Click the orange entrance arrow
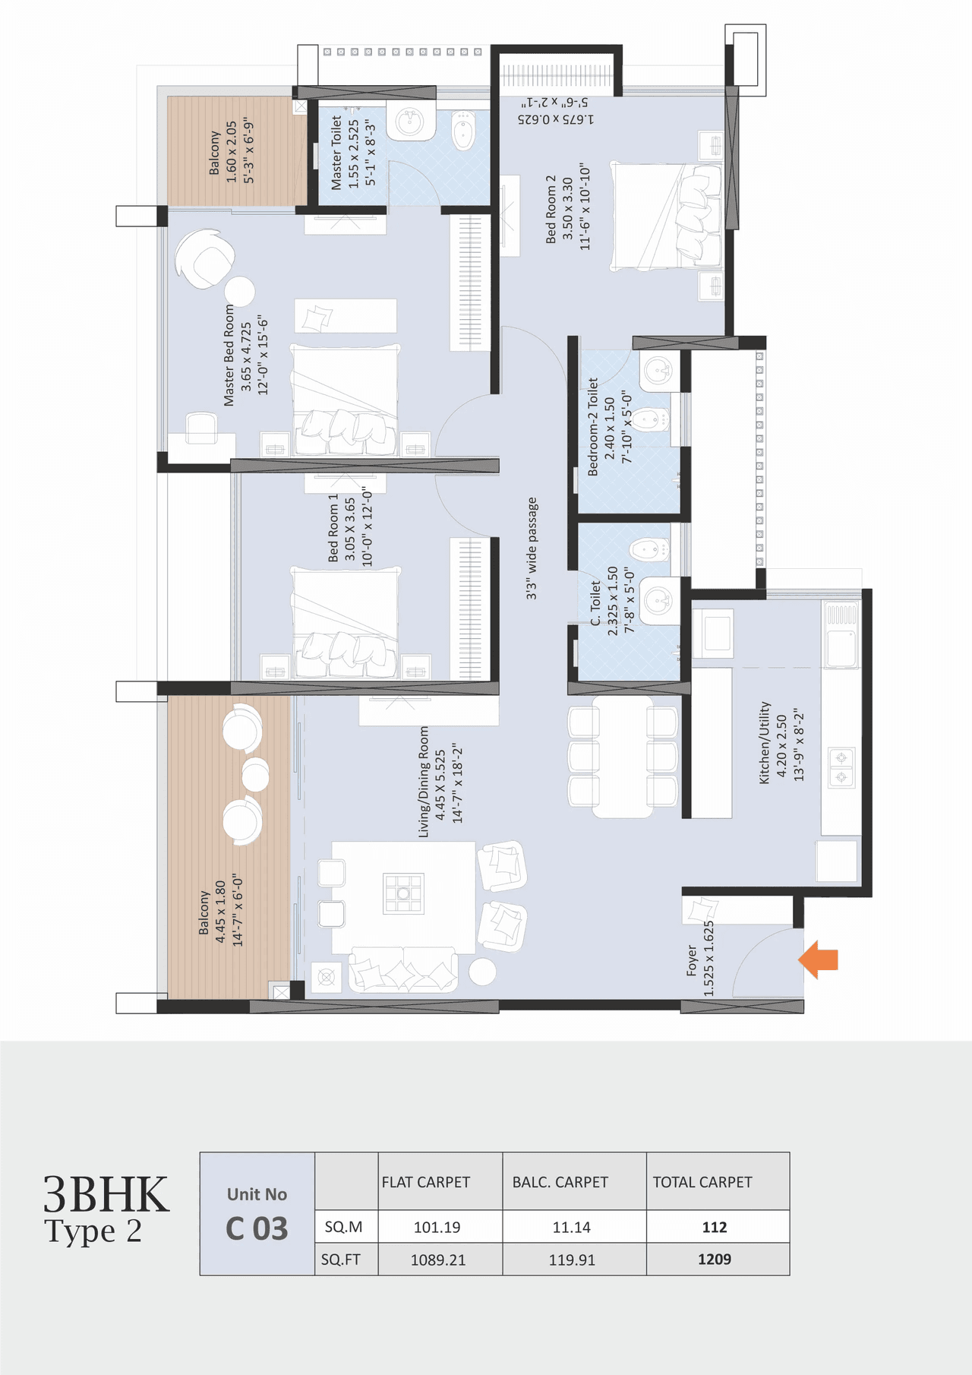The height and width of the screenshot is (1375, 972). (819, 959)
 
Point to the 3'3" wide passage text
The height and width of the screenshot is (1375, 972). (532, 548)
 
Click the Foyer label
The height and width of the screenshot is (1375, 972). (699, 959)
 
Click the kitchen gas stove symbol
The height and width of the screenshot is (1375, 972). (841, 767)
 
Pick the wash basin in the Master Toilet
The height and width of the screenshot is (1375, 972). (410, 122)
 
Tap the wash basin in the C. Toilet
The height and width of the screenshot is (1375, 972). (658, 601)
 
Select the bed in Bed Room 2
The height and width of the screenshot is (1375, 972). (666, 216)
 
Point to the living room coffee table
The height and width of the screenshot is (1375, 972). (403, 893)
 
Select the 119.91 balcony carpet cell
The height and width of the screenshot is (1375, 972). (571, 1260)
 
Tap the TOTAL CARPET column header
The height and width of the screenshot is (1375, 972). (702, 1182)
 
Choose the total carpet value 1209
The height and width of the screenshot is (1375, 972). (714, 1260)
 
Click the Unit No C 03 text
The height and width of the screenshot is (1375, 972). (257, 1214)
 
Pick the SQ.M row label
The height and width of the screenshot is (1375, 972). (343, 1227)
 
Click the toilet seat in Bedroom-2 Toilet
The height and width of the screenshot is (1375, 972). (649, 419)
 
